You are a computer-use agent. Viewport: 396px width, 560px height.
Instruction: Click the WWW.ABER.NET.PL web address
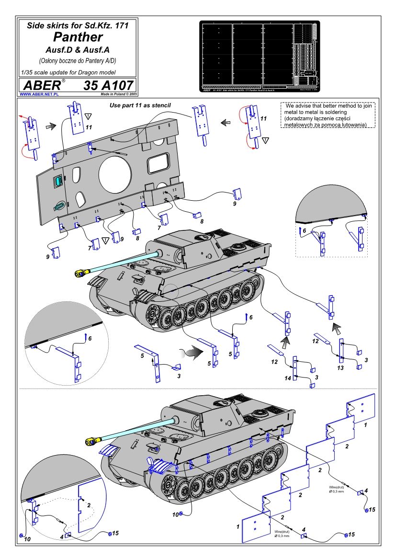click(x=39, y=94)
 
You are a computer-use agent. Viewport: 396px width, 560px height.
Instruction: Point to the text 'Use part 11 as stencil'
click(x=140, y=104)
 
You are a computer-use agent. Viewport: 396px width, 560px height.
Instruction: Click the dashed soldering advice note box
click(x=328, y=115)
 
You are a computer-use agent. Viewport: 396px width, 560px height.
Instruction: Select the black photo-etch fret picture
click(x=259, y=56)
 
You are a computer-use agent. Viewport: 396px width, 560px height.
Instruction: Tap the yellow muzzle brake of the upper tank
click(x=80, y=273)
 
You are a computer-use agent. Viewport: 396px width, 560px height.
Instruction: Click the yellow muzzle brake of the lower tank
click(x=92, y=441)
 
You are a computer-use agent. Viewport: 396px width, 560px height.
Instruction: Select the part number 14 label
click(x=288, y=378)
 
